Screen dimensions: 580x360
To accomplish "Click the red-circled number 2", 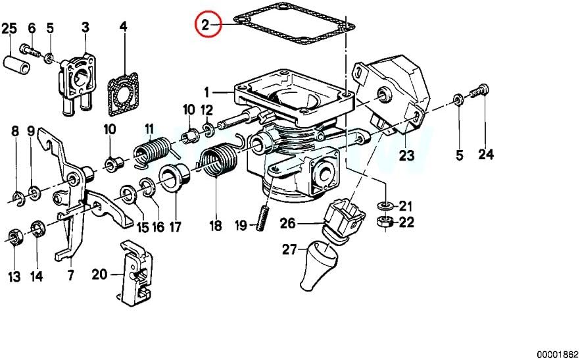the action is click(x=205, y=25).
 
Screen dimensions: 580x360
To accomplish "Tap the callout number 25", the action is click(x=9, y=28).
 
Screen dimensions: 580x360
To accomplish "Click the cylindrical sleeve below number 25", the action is click(x=17, y=66).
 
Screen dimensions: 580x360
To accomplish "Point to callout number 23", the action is click(x=406, y=155).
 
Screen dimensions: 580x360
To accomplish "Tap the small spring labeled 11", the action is click(x=152, y=152).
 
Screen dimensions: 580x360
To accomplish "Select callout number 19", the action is click(x=241, y=225).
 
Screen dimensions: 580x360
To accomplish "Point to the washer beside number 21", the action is click(x=385, y=205).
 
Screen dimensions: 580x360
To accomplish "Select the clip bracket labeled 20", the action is click(x=135, y=273).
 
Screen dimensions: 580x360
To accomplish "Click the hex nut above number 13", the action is click(x=14, y=237).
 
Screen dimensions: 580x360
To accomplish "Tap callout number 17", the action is click(x=175, y=226).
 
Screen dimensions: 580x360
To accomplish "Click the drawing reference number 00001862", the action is click(x=558, y=353).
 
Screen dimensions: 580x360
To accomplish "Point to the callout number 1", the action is click(x=207, y=93).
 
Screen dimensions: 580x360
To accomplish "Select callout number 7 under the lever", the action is click(x=70, y=275).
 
